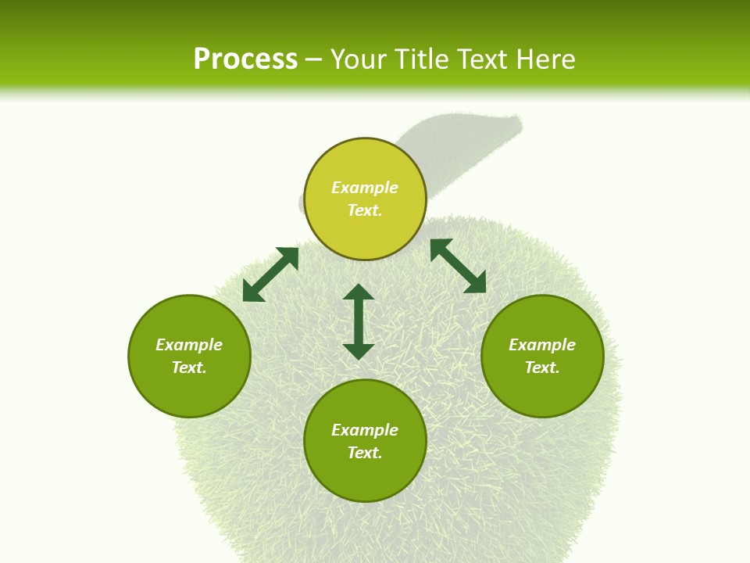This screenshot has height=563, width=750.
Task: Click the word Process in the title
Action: point(245,59)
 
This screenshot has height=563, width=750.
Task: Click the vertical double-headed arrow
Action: point(359,321)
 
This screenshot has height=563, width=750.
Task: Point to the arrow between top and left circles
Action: point(270,274)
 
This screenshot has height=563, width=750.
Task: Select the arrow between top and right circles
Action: point(458,266)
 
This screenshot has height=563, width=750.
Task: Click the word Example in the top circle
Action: point(365,188)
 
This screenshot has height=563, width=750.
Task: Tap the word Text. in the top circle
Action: point(365,210)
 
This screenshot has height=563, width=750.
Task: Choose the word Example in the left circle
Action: point(189,345)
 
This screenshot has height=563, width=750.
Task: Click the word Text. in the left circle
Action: point(189,368)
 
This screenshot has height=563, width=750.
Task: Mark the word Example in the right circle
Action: point(542,345)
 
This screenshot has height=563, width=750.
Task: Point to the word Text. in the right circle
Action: point(542,368)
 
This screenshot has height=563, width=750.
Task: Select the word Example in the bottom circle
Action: point(365,430)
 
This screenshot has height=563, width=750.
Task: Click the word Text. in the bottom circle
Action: point(365,453)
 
